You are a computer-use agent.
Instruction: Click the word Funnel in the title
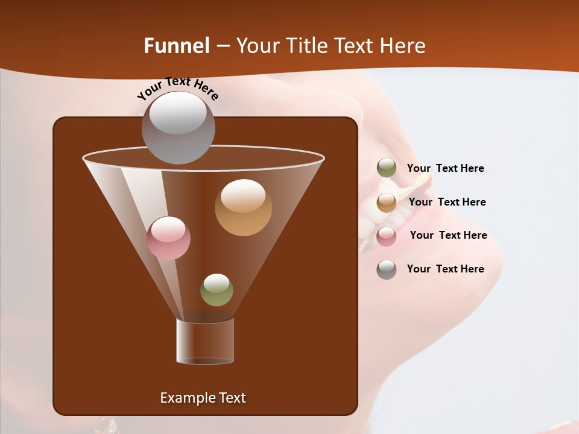click(176, 46)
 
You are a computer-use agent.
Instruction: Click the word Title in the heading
click(305, 46)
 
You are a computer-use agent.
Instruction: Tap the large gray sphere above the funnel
click(178, 128)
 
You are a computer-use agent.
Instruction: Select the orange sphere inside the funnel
click(243, 207)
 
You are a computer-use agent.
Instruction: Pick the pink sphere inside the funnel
click(168, 238)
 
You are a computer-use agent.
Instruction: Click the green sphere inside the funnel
click(217, 290)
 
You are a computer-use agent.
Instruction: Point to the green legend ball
click(387, 168)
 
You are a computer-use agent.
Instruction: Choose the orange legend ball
click(387, 203)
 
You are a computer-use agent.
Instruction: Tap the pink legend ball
click(387, 236)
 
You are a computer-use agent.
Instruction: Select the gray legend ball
click(387, 269)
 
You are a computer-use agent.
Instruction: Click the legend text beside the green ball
click(445, 168)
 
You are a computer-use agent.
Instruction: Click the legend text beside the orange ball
click(447, 202)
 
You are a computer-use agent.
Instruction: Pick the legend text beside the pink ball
click(448, 235)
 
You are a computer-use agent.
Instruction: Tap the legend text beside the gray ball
click(445, 269)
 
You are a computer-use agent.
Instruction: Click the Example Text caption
click(203, 398)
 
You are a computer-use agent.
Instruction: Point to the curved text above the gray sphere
click(178, 88)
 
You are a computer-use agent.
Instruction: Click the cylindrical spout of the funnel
click(205, 341)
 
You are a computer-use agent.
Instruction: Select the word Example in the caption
click(184, 398)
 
